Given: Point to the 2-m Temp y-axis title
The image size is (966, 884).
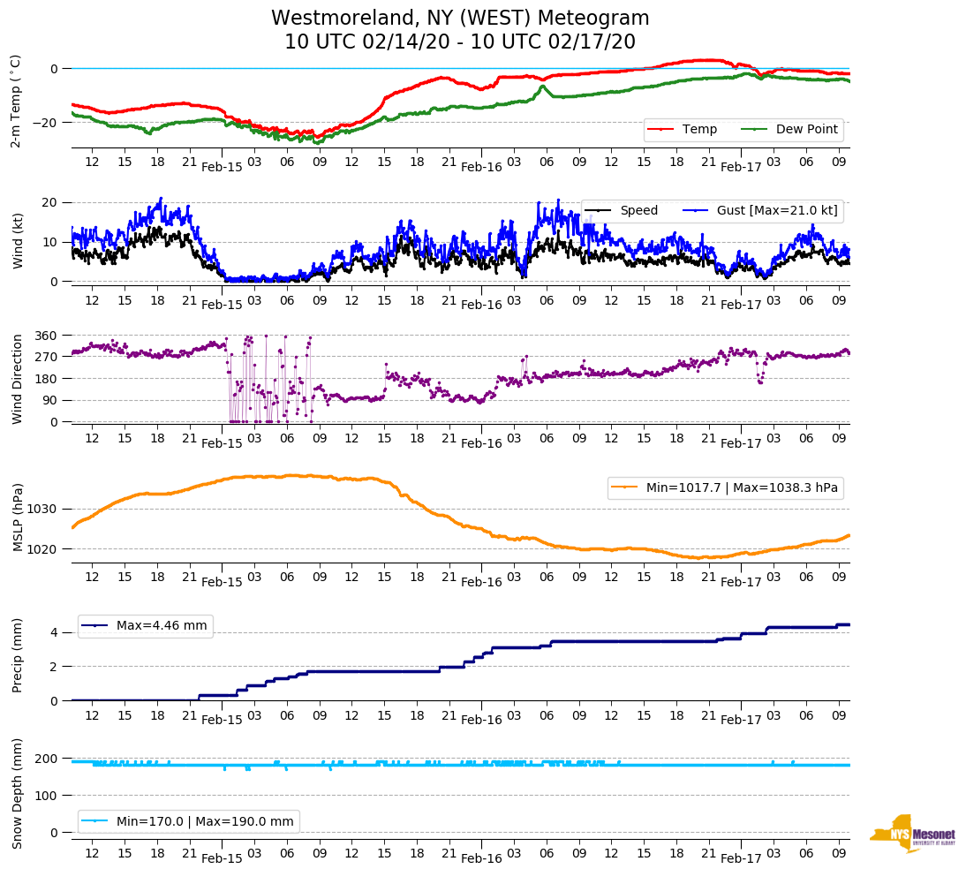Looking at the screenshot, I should point(15,100).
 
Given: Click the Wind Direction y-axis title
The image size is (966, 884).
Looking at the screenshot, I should point(18,379).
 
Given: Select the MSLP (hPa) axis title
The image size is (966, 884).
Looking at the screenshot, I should point(18,518).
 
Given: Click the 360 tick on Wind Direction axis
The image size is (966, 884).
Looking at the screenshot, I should point(46,336).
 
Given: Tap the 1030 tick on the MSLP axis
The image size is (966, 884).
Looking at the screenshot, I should point(42,509).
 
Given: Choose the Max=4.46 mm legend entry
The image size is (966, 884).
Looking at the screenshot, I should point(162,626).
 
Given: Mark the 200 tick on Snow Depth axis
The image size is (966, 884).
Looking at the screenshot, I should point(46,759).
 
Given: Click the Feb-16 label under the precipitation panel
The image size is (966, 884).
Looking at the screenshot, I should point(481,720).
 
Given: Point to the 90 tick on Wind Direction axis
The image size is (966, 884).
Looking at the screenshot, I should point(49,400).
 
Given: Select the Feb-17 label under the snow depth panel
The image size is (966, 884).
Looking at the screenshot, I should point(741,858).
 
